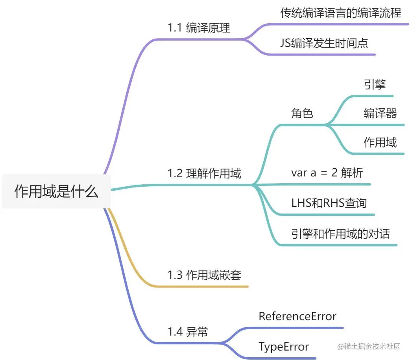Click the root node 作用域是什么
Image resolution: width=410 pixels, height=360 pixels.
pyautogui.click(x=56, y=191)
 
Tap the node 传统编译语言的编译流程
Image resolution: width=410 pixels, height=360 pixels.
pyautogui.click(x=341, y=13)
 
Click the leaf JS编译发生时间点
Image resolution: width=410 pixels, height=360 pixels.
pyautogui.click(x=324, y=43)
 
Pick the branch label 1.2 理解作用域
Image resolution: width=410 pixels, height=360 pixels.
pyautogui.click(x=204, y=173)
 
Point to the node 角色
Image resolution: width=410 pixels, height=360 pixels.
pyautogui.click(x=302, y=113)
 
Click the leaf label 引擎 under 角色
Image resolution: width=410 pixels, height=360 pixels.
pyautogui.click(x=375, y=84)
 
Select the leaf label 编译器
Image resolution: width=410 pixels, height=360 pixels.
pyautogui.click(x=380, y=113)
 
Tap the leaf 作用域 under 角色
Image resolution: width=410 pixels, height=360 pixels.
pyautogui.click(x=380, y=142)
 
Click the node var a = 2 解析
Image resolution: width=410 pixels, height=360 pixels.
pyautogui.click(x=327, y=173)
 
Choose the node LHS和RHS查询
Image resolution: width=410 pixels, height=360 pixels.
pyautogui.click(x=329, y=203)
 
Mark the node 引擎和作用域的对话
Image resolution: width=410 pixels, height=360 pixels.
pyautogui.click(x=340, y=234)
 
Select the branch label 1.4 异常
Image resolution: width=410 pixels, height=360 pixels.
pyautogui.click(x=187, y=332)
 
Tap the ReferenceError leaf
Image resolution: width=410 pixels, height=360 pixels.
pyautogui.click(x=297, y=316)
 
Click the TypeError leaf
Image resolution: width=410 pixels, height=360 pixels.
pyautogui.click(x=283, y=347)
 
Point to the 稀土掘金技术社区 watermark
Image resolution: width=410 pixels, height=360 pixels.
pyautogui.click(x=368, y=347)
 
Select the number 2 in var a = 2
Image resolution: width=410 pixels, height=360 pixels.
pyautogui.click(x=334, y=173)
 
